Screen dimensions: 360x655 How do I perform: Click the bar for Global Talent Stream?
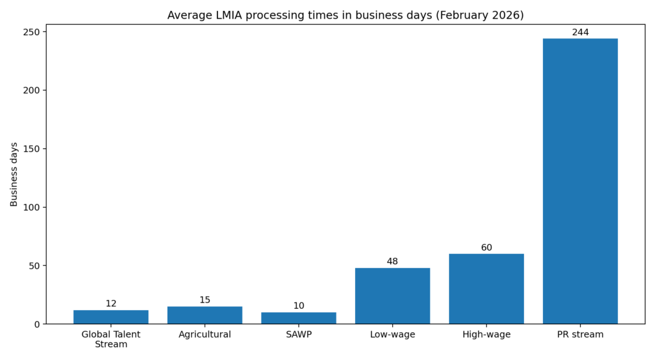tap(111, 317)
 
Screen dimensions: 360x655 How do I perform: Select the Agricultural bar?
tap(205, 315)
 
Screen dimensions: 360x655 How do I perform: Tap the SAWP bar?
tap(299, 318)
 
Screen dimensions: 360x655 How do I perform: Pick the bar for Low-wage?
tap(392, 296)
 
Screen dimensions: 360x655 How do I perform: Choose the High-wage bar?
tap(486, 289)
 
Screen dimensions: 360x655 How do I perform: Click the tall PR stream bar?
tap(580, 181)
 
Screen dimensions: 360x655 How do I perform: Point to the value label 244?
tap(580, 32)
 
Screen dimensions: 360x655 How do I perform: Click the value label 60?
tap(486, 247)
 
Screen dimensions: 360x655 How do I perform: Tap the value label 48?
tap(392, 262)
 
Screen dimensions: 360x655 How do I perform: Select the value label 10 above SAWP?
tap(299, 306)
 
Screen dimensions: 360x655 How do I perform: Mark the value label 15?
tap(205, 300)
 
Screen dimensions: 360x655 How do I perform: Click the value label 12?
tap(111, 304)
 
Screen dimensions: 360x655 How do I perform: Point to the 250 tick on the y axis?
tap(33, 32)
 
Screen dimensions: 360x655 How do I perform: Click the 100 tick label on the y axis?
tap(33, 207)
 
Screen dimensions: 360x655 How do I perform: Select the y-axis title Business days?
tap(14, 175)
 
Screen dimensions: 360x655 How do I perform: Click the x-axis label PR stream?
tap(580, 334)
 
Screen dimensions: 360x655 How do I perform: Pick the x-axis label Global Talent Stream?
tap(111, 340)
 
